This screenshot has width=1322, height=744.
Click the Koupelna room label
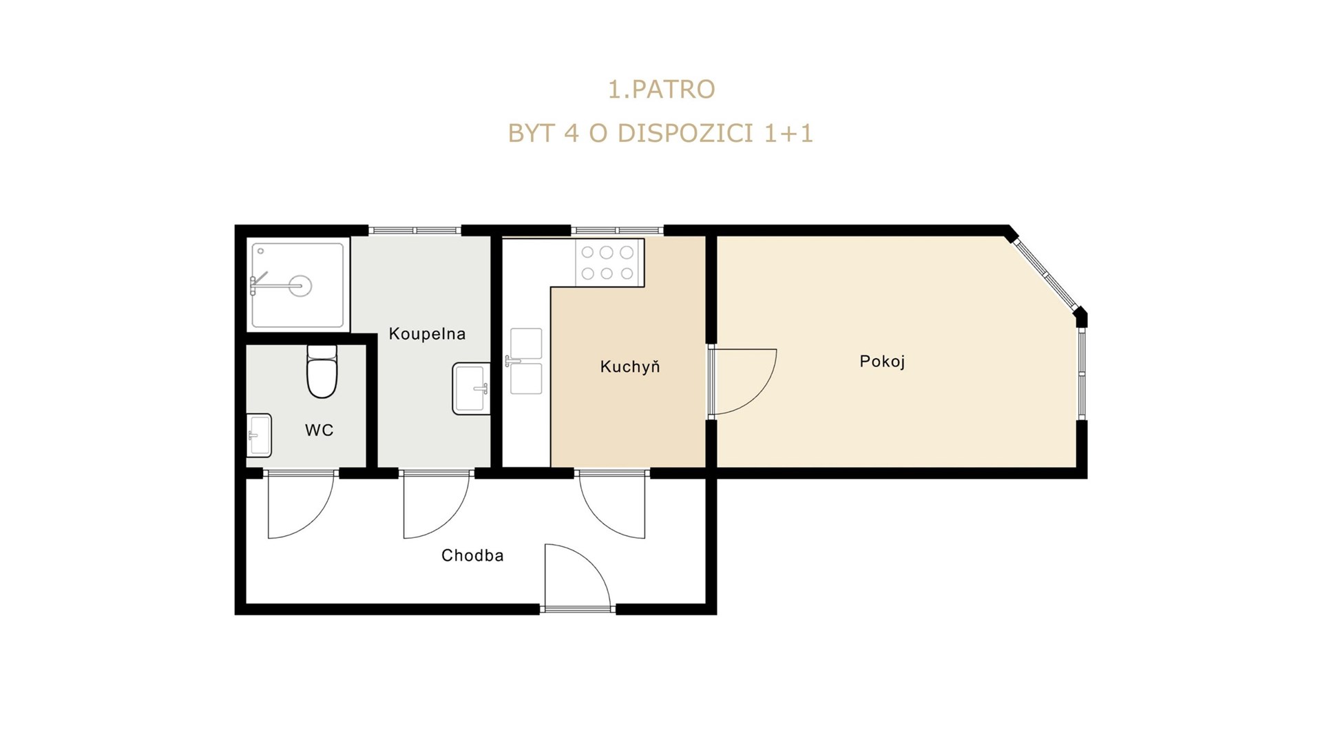pos(427,334)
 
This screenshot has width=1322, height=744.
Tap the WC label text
pos(319,431)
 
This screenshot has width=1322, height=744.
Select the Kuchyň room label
pos(629,366)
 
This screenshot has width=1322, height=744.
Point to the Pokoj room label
pos(882,362)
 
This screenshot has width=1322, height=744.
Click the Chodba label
pos(472,555)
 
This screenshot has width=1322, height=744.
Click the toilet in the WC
pos(322,371)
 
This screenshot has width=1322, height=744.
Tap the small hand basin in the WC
pos(260,435)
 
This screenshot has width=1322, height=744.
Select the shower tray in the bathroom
pos(297,285)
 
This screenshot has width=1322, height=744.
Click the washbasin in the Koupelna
pos(471,389)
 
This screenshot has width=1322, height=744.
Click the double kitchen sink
pos(526,361)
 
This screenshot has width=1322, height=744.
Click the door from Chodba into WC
pos(301,504)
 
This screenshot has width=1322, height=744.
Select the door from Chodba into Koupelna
pos(437,504)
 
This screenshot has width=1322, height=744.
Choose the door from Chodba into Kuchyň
pos(612,504)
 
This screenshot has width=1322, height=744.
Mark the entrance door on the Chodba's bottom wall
pos(577,577)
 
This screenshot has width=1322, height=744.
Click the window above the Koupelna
pos(415,230)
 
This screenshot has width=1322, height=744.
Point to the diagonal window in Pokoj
pos(1047,273)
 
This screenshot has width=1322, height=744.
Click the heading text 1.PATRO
pos(661,90)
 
